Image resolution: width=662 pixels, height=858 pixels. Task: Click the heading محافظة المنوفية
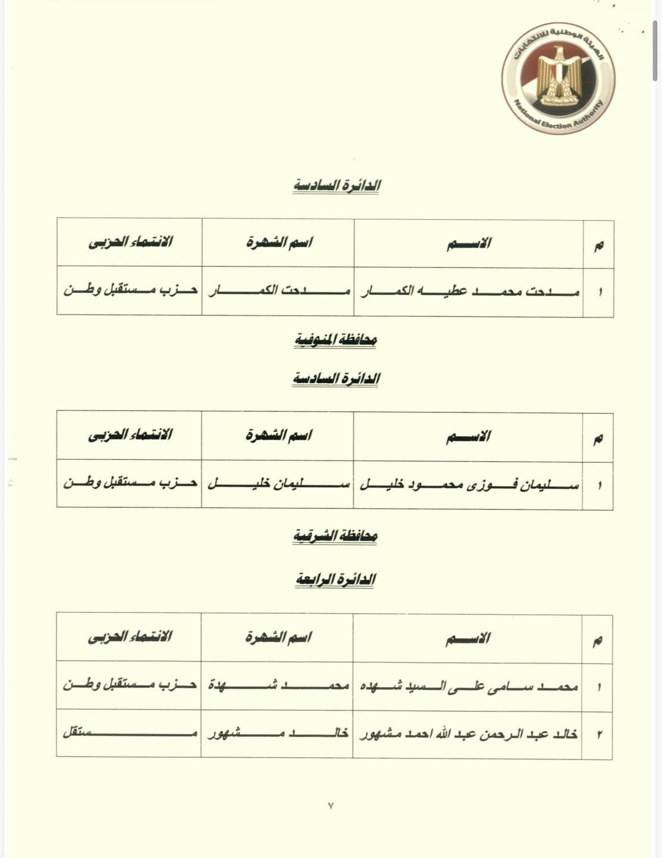[336, 340]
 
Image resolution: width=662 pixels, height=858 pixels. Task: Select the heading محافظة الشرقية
[336, 536]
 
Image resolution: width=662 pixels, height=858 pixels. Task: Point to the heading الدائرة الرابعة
[336, 579]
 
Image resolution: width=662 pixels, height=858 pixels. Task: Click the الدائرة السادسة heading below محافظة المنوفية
[336, 378]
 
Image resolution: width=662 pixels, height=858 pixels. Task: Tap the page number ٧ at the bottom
[331, 806]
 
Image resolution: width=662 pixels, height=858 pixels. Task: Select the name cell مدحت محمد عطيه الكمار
[469, 291]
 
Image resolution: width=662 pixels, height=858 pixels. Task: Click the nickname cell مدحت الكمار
[278, 291]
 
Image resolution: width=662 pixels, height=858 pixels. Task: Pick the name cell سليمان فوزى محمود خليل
[468, 484]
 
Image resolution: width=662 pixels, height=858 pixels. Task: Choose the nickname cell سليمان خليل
[277, 484]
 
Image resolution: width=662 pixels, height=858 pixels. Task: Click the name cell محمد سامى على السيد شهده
[468, 686]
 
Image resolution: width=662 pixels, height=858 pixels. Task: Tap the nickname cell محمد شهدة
[277, 686]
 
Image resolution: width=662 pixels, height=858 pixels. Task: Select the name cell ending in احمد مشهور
[468, 733]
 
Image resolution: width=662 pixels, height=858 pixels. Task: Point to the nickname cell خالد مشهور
[277, 733]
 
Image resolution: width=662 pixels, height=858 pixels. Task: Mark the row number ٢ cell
[598, 734]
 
